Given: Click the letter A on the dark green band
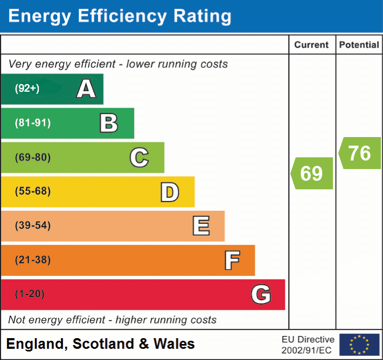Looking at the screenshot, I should click(86, 89).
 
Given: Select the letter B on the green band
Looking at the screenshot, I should click(109, 123).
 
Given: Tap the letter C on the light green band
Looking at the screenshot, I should click(139, 157).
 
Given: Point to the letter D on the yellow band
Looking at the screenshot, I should click(169, 192).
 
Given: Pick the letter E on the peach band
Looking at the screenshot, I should click(200, 226).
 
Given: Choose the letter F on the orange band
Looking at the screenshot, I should click(231, 260).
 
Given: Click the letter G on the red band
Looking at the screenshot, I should click(261, 294).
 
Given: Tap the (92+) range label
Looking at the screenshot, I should click(27, 89).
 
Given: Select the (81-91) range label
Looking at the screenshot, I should click(32, 123).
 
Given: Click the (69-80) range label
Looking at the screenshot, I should click(32, 157).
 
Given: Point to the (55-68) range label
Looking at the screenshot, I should click(32, 191).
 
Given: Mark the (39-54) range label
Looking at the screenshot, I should click(32, 226).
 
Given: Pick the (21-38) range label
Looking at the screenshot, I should click(32, 260).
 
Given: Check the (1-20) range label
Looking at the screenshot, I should click(30, 294).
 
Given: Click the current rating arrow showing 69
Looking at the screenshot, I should click(312, 173).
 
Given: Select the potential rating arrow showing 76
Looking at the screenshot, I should click(360, 153).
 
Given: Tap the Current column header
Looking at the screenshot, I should click(312, 45).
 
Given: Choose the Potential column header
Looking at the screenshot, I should click(359, 45).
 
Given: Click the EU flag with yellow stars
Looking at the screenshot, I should click(359, 345).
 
